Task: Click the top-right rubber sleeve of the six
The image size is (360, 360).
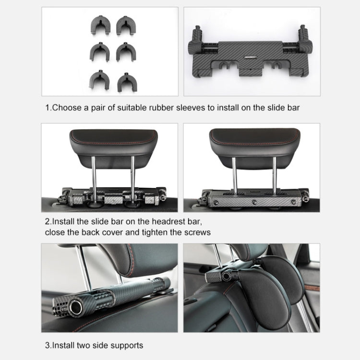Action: [x=124, y=25]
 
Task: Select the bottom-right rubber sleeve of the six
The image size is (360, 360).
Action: [x=125, y=80]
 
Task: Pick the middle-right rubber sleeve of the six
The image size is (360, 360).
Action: [x=125, y=52]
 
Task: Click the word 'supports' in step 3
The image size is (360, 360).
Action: [x=127, y=345]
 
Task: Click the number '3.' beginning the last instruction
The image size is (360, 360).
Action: [x=48, y=345]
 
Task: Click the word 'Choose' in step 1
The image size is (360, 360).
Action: [x=67, y=108]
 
